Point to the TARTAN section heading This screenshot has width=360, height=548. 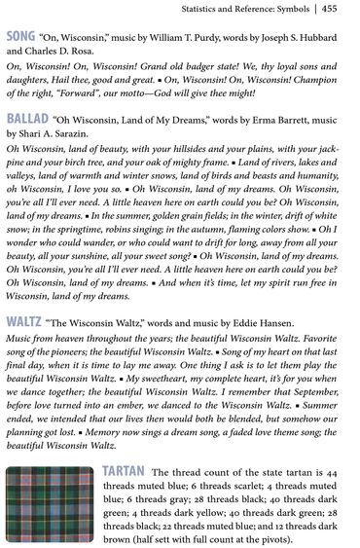tap(125, 471)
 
